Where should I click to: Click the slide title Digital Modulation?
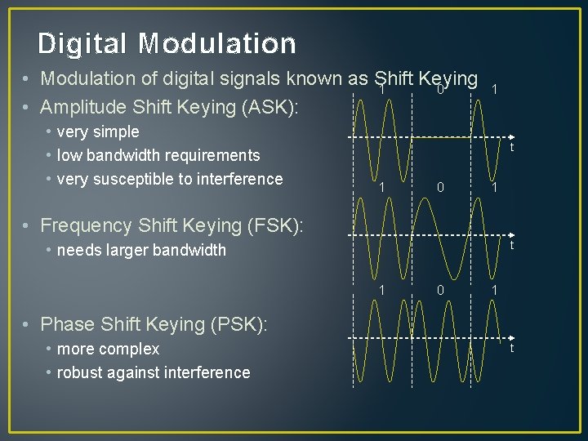167,43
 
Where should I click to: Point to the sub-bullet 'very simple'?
98,131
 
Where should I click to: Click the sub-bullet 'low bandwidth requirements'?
158,155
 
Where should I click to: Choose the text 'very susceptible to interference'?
170,179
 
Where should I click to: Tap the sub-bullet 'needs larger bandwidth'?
141,250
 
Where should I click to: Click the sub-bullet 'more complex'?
108,349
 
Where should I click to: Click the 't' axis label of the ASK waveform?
511,148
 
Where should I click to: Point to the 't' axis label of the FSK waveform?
511,246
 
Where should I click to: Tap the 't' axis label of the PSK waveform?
511,349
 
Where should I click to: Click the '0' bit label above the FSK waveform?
440,187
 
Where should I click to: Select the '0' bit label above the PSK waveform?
440,289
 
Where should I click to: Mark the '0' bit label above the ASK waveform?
440,90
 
